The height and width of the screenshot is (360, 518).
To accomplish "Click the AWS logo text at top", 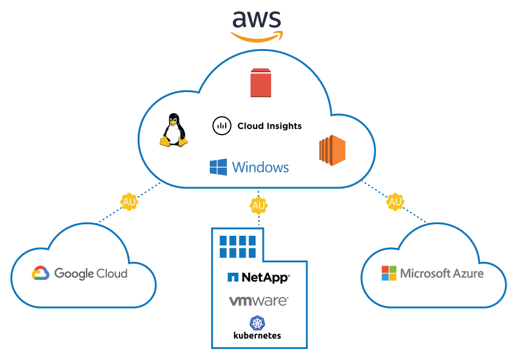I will pyautogui.click(x=257, y=19).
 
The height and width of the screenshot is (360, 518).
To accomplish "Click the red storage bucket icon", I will pyautogui.click(x=261, y=83).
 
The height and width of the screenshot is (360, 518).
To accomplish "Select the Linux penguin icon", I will pyautogui.click(x=173, y=130).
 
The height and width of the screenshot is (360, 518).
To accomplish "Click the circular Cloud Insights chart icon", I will pyautogui.click(x=222, y=126).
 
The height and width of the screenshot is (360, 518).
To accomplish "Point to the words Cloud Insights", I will pyautogui.click(x=269, y=126).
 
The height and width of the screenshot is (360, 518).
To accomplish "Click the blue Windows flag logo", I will pyautogui.click(x=218, y=167).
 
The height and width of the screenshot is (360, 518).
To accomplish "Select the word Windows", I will pyautogui.click(x=260, y=167).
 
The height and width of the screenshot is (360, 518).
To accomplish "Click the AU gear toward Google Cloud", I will pyautogui.click(x=129, y=201).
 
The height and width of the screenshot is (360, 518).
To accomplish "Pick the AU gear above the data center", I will pyautogui.click(x=258, y=205).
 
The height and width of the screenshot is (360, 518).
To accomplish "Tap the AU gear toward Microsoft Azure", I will pyautogui.click(x=395, y=201).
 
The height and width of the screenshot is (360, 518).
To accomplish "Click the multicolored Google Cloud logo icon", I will pyautogui.click(x=41, y=273).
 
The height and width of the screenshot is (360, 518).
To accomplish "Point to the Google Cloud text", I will pyautogui.click(x=91, y=273).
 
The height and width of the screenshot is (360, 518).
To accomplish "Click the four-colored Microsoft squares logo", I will pyautogui.click(x=389, y=273).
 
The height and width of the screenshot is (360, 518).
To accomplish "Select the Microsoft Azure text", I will pyautogui.click(x=442, y=273).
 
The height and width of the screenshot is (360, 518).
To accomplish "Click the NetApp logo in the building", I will pyautogui.click(x=258, y=278).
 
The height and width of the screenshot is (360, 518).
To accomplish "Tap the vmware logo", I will pyautogui.click(x=258, y=300).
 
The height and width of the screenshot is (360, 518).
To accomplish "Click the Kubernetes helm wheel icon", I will pyautogui.click(x=257, y=322).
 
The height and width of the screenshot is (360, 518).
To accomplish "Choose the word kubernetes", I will pyautogui.click(x=257, y=335).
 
